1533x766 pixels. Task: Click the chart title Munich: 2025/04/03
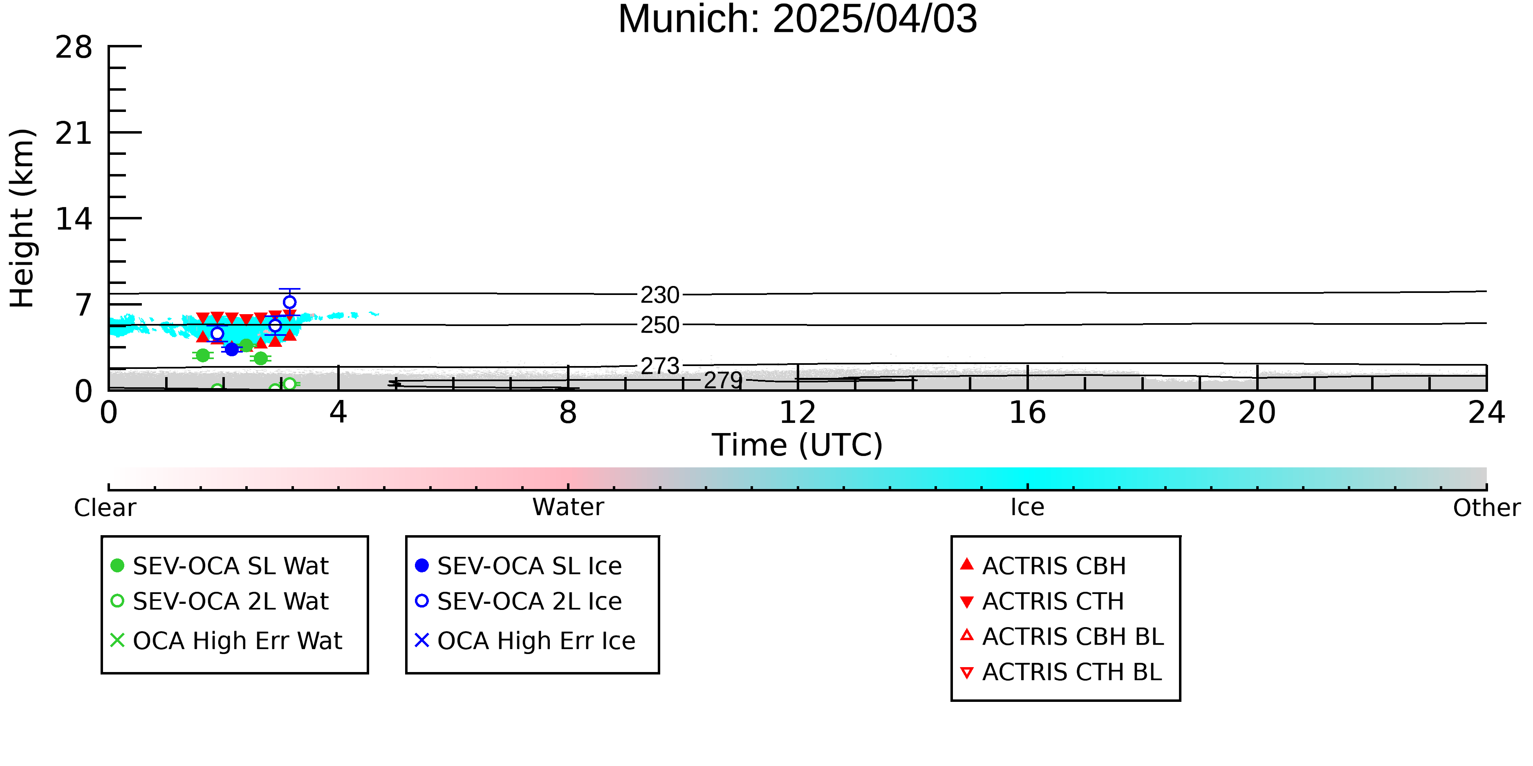(x=798, y=19)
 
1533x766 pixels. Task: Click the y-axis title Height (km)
(x=22, y=218)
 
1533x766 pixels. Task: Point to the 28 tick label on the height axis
(x=74, y=47)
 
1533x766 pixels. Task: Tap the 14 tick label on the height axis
(x=74, y=219)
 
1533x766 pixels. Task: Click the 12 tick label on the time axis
(x=798, y=413)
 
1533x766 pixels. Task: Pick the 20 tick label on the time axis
(x=1257, y=413)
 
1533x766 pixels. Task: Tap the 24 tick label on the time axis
(x=1486, y=413)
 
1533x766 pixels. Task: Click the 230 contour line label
(x=660, y=295)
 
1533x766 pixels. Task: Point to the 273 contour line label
(x=660, y=366)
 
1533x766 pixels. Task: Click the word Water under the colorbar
(x=568, y=507)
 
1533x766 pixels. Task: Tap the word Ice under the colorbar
(x=1027, y=507)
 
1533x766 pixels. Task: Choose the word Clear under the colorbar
(x=105, y=508)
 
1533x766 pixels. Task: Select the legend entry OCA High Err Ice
(x=525, y=641)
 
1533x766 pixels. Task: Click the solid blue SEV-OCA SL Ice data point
(x=232, y=349)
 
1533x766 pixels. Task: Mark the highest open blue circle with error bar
(x=289, y=302)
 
